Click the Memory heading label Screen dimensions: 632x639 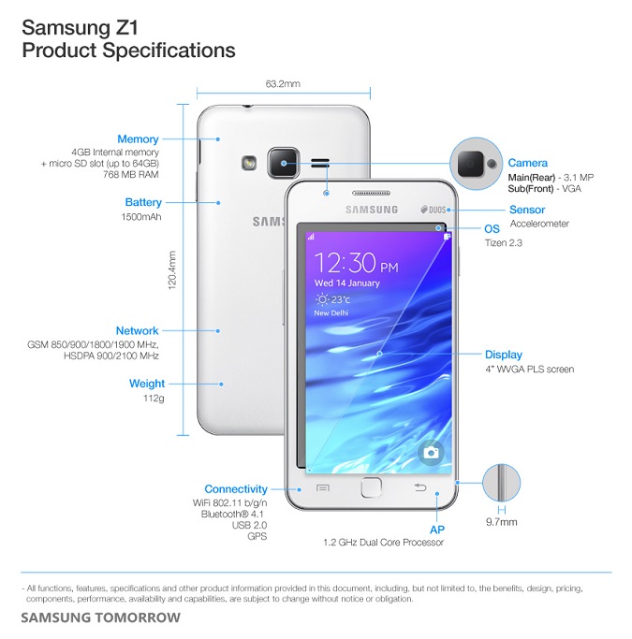click(x=138, y=139)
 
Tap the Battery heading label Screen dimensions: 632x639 click(x=143, y=202)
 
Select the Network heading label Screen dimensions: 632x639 click(x=137, y=331)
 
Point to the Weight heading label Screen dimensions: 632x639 click(x=147, y=384)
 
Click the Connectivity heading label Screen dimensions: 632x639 click(x=236, y=489)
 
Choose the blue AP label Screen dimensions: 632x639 click(x=437, y=530)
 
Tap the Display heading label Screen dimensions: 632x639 click(x=504, y=355)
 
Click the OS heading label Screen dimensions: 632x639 click(x=492, y=229)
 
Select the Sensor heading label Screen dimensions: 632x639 click(x=527, y=210)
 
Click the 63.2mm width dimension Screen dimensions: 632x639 click(x=283, y=84)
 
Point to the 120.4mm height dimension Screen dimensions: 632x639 click(x=172, y=270)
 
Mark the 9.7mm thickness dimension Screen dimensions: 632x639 click(x=502, y=522)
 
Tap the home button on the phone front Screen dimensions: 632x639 click(x=371, y=487)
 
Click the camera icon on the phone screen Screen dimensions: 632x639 click(x=431, y=453)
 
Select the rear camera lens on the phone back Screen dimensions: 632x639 click(x=284, y=163)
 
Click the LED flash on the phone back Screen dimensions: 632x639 click(x=249, y=164)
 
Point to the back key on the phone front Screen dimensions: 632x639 click(x=420, y=487)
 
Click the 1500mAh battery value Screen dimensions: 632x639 click(x=141, y=217)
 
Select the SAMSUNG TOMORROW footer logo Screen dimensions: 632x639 click(x=101, y=617)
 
